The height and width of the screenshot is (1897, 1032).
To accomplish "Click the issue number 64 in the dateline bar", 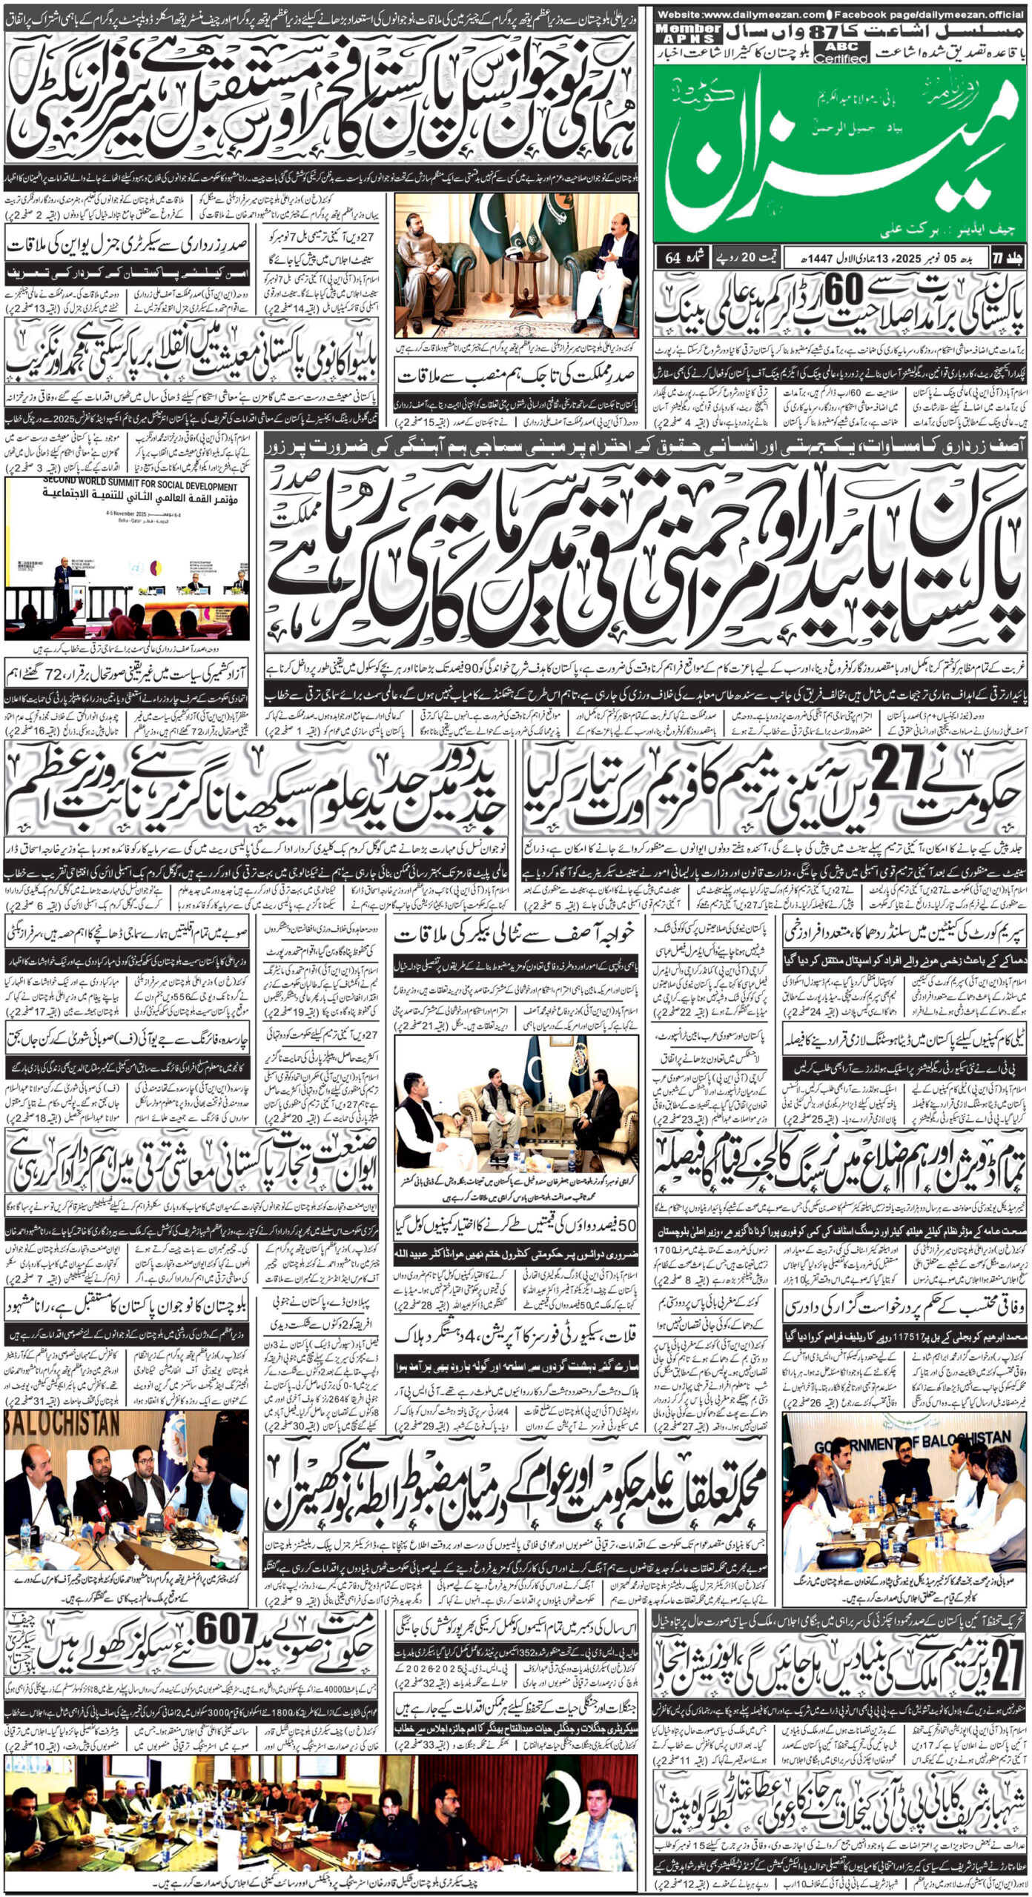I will (x=672, y=257).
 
